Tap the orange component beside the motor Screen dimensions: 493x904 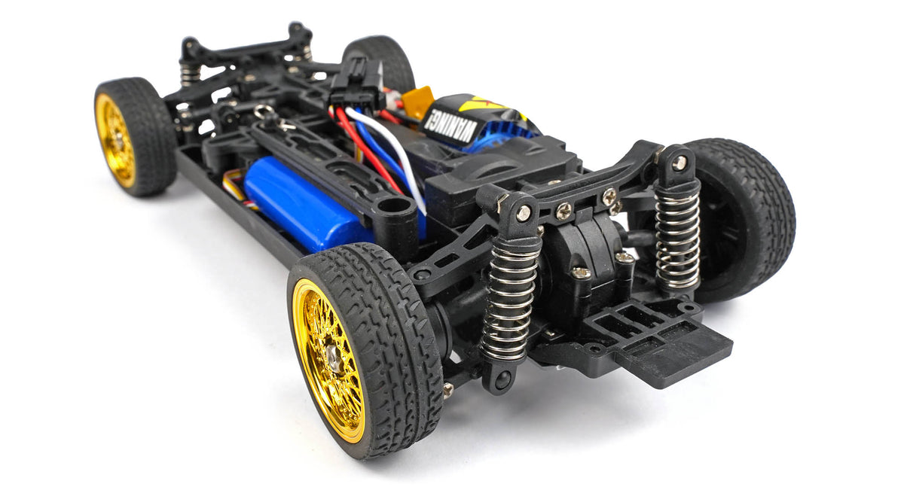click(x=418, y=101)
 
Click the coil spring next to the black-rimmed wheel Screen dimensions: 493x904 click(x=677, y=238)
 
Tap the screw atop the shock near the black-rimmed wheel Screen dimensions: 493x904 click(x=680, y=163)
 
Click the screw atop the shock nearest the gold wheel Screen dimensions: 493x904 click(x=523, y=213)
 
